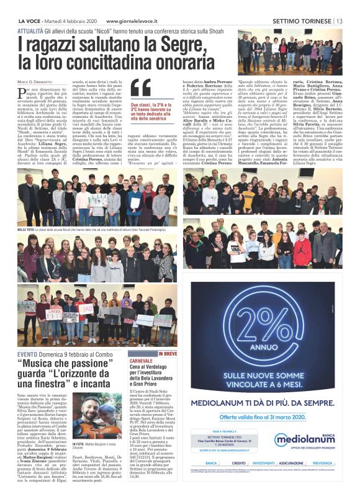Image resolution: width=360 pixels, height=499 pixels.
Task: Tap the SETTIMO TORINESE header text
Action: [x=302, y=20]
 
